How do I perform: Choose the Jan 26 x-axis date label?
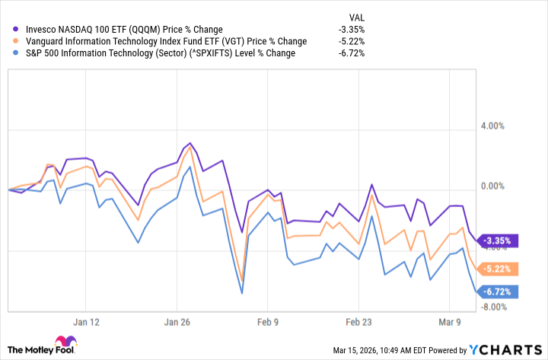click(x=177, y=321)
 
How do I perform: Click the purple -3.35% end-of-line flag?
click(x=499, y=241)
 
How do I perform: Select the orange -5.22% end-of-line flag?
click(x=499, y=269)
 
